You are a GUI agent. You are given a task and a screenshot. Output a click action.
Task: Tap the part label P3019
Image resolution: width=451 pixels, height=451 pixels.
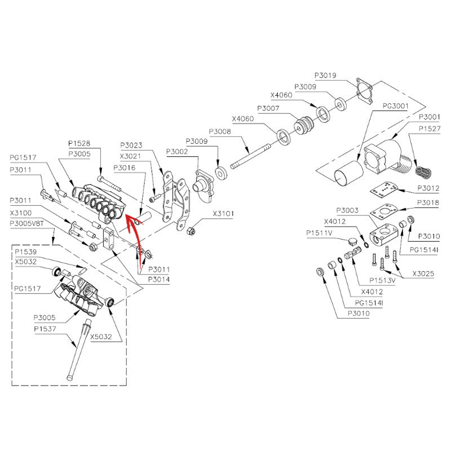pos(325,76)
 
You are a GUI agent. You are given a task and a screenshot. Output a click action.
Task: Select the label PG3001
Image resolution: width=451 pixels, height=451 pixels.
pos(396,106)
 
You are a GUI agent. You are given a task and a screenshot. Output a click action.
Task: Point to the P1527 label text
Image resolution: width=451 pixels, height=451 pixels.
pos(430,129)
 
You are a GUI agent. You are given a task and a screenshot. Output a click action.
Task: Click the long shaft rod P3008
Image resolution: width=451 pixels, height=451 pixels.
pos(250,156)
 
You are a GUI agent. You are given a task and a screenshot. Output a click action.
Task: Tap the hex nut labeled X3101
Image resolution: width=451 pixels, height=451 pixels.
pos(190,231)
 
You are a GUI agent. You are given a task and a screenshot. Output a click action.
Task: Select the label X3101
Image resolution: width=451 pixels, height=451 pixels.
pos(223,214)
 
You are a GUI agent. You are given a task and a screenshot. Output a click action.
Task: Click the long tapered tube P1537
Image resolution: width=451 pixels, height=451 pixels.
pos(78,350)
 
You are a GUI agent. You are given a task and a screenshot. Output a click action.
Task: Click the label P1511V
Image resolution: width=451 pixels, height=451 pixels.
pos(319,233)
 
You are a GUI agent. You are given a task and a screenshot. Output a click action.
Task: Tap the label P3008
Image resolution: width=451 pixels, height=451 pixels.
pos(220,131)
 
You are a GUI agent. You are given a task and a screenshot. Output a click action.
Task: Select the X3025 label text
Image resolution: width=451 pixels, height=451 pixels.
pos(423,273)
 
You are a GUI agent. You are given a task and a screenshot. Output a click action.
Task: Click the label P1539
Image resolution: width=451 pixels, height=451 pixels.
pos(25,251)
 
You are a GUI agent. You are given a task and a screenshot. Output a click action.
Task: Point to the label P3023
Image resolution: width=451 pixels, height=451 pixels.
pos(131,145)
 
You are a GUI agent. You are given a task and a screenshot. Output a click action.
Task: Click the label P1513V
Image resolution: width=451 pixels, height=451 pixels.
pos(382,280)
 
